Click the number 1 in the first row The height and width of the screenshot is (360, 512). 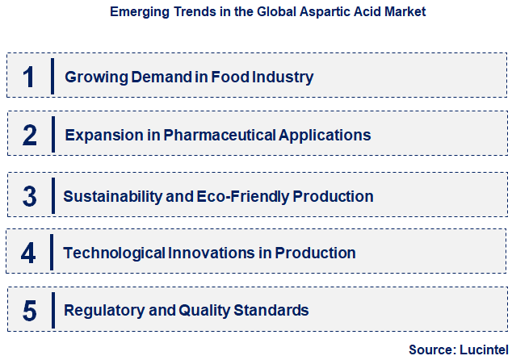pyautogui.click(x=29, y=77)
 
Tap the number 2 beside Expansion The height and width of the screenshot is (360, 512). pyautogui.click(x=30, y=135)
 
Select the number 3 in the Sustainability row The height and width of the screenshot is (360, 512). pyautogui.click(x=30, y=196)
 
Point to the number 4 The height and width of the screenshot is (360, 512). pyautogui.click(x=29, y=253)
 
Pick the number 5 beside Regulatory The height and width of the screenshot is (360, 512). pyautogui.click(x=30, y=310)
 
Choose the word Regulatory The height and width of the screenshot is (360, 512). pyautogui.click(x=101, y=310)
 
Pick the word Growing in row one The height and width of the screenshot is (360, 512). pyautogui.click(x=94, y=77)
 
